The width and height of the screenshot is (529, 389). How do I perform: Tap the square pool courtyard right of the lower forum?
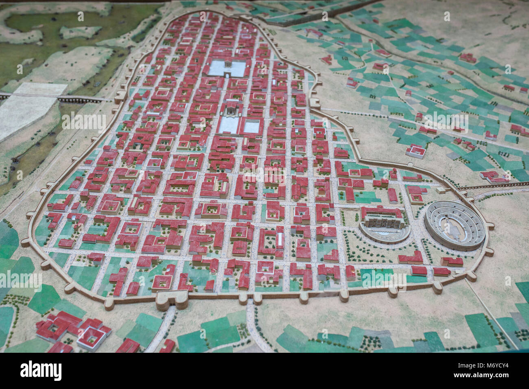(x=252, y=126)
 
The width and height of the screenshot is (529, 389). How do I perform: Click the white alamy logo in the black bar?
(x=41, y=371)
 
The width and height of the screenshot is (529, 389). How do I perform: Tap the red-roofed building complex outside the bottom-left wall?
(x=73, y=330)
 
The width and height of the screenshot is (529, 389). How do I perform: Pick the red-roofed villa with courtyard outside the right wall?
(x=415, y=151)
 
